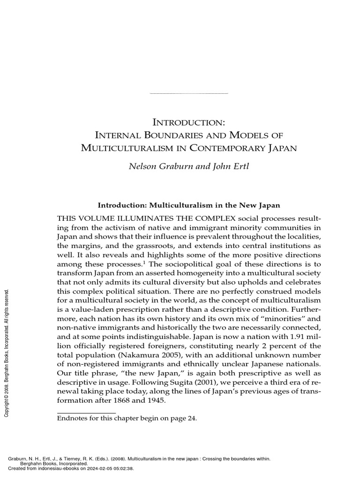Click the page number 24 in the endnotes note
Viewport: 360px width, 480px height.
click(191, 419)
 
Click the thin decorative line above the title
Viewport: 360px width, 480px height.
click(188, 94)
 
